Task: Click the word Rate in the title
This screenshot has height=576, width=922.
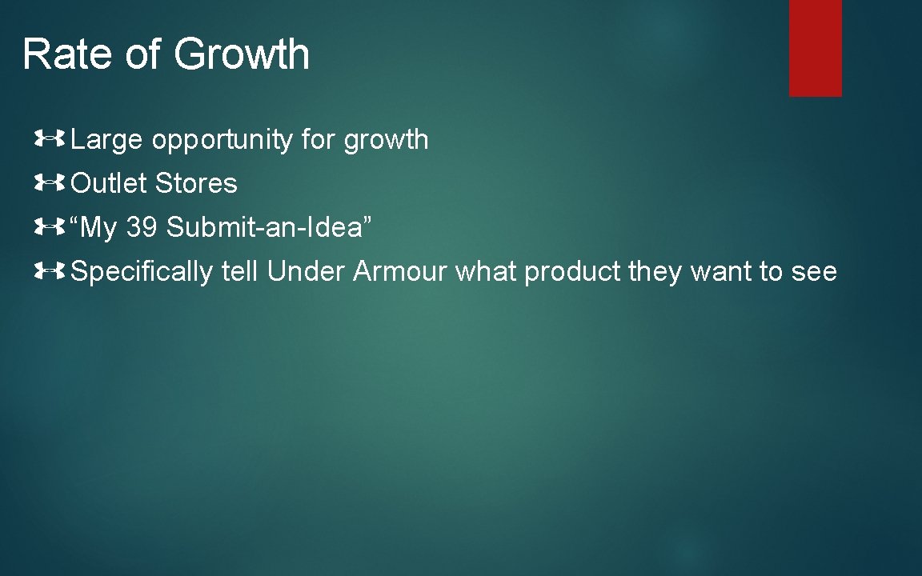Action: [x=70, y=54]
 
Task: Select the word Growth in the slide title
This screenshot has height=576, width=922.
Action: [x=241, y=54]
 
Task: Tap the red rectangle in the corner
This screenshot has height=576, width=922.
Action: [x=815, y=48]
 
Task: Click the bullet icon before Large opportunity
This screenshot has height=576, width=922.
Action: [x=49, y=140]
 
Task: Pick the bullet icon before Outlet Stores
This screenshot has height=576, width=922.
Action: [x=49, y=184]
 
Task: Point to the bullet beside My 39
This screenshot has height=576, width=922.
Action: [x=49, y=228]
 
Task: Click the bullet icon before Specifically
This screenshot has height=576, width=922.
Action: [x=49, y=272]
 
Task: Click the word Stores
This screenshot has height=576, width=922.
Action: [x=196, y=184]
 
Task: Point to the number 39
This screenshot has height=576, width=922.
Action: [x=142, y=228]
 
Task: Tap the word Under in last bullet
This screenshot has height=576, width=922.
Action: [x=306, y=272]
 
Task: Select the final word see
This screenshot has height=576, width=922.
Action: [x=814, y=273]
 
